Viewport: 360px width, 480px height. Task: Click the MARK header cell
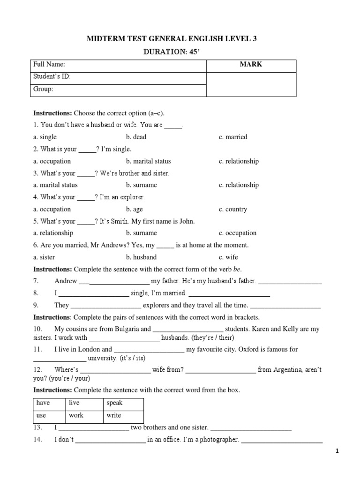pyautogui.click(x=251, y=65)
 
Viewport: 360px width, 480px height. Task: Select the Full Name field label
pyautogui.click(x=49, y=65)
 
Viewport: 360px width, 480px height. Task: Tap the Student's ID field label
pyautogui.click(x=52, y=77)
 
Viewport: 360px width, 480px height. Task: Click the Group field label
pyautogui.click(x=43, y=89)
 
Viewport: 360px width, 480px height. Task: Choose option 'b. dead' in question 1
pyautogui.click(x=136, y=137)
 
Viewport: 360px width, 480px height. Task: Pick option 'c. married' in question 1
pyautogui.click(x=233, y=137)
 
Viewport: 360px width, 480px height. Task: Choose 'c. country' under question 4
pyautogui.click(x=233, y=210)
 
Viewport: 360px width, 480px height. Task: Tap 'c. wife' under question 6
pyautogui.click(x=228, y=257)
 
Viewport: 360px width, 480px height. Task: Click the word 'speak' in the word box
pyautogui.click(x=114, y=403)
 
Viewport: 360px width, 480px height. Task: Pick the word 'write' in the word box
pyautogui.click(x=113, y=415)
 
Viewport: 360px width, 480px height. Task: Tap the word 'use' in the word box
pyautogui.click(x=41, y=415)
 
